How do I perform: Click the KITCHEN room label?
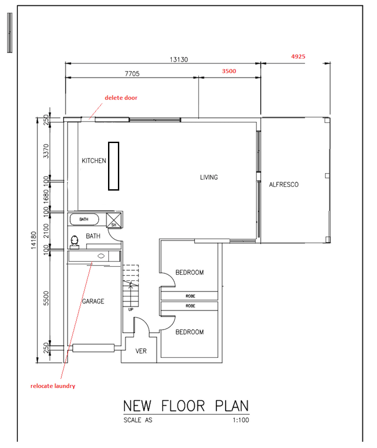[x=94, y=161]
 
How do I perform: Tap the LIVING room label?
[x=209, y=178]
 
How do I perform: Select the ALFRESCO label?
[x=284, y=185]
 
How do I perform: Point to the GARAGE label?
[x=93, y=301]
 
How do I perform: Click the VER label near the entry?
[x=141, y=351]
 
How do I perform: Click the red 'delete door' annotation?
[x=121, y=98]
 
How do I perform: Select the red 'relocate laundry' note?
[x=53, y=386]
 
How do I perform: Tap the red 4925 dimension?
[x=298, y=57]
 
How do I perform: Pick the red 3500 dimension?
[x=229, y=71]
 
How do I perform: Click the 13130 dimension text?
[x=179, y=60]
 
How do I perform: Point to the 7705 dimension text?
[x=132, y=74]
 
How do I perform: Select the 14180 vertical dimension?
[x=34, y=240]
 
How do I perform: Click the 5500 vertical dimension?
[x=46, y=298]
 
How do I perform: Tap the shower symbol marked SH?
[x=114, y=220]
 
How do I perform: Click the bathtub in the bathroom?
[x=84, y=219]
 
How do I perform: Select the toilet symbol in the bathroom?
[x=74, y=242]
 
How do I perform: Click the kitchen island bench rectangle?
[x=114, y=166]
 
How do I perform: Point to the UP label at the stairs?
[x=131, y=309]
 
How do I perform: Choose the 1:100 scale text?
[x=241, y=420]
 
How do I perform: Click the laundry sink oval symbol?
[x=101, y=256]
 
